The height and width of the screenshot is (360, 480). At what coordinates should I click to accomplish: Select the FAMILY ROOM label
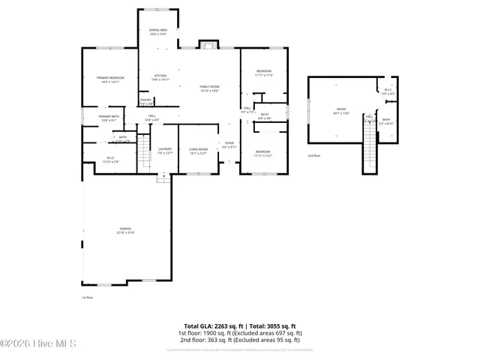coord(209,88)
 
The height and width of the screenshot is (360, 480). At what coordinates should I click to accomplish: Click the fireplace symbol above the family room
coord(208,43)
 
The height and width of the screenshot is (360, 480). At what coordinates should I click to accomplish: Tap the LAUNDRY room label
coord(165,150)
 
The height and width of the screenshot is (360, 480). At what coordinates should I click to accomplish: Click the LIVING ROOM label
coord(198,150)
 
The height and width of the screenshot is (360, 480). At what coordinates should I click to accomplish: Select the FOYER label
coord(229,145)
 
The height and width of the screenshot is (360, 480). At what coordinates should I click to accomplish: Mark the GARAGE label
coord(124,230)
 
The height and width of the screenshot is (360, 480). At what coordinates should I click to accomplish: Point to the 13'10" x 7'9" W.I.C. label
coord(109,159)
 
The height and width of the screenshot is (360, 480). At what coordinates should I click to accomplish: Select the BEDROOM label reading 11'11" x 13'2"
coord(262,154)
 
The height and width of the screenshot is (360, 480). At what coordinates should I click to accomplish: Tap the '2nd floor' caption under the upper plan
coord(313,155)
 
